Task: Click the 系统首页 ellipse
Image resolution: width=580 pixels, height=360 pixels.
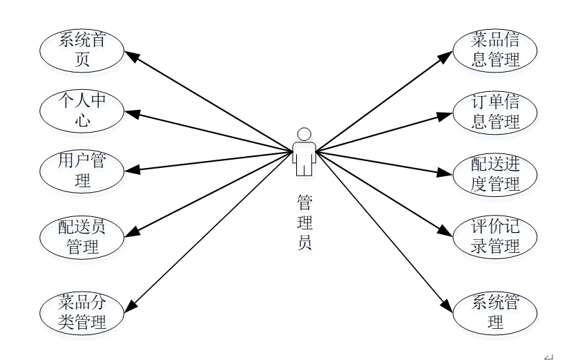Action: pyautogui.click(x=82, y=50)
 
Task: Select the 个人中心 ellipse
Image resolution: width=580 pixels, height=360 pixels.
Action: pyautogui.click(x=82, y=111)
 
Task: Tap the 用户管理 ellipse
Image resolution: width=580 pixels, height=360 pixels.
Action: pyautogui.click(x=82, y=171)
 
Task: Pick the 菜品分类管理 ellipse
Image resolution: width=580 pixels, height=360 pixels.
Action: pyautogui.click(x=82, y=312)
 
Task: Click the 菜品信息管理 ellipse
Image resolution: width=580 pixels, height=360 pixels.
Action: pyautogui.click(x=495, y=50)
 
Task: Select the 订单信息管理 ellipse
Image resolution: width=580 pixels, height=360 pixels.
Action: pyautogui.click(x=495, y=112)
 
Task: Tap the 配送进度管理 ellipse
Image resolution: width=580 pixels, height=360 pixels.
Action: pyautogui.click(x=495, y=174)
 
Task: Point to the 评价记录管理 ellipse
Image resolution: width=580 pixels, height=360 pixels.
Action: pyautogui.click(x=495, y=236)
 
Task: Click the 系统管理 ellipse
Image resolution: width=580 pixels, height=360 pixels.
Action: pyautogui.click(x=495, y=312)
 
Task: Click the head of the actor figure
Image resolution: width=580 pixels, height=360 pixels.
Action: pyautogui.click(x=304, y=134)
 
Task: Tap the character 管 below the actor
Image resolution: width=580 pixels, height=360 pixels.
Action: pyautogui.click(x=304, y=202)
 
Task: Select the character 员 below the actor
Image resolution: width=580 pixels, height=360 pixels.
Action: pyautogui.click(x=304, y=243)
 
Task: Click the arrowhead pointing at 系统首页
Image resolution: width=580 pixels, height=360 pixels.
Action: pyautogui.click(x=130, y=55)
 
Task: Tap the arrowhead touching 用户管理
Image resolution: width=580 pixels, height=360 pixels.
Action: pyautogui.click(x=130, y=169)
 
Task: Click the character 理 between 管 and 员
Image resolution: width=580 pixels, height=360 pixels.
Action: pyautogui.click(x=304, y=222)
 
